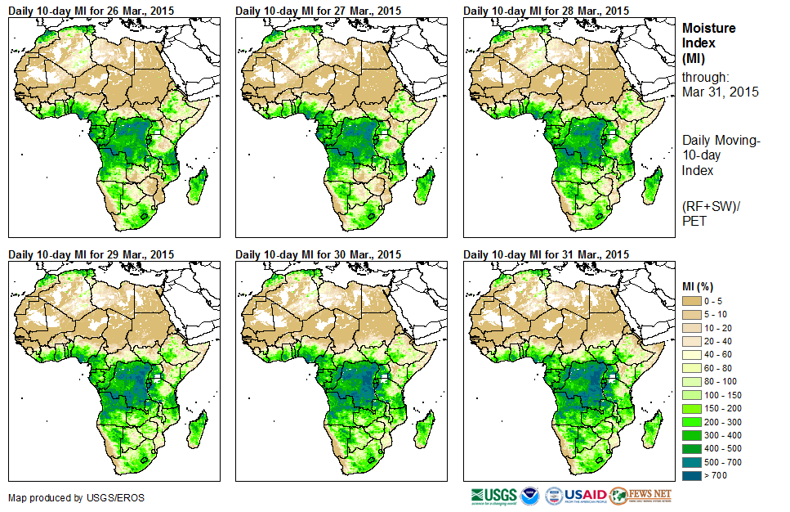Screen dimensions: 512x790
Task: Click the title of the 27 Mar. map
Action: click(319, 11)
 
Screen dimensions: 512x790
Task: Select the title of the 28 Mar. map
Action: click(547, 11)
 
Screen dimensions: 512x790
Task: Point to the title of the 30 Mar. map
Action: click(319, 254)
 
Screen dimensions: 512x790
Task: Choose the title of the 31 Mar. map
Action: click(547, 254)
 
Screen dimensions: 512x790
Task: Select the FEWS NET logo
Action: click(640, 496)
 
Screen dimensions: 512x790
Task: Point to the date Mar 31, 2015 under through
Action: click(720, 92)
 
